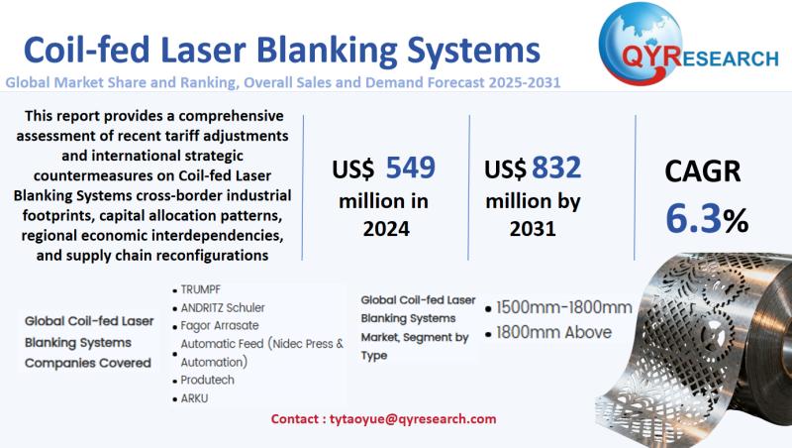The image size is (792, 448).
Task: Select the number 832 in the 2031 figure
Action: click(x=555, y=168)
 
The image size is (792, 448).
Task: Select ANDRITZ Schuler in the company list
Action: click(x=223, y=308)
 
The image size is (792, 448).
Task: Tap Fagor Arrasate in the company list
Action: click(x=219, y=325)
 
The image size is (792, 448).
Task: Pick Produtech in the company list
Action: click(x=209, y=380)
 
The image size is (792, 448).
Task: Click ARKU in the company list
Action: click(x=196, y=397)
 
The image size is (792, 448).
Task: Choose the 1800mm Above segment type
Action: click(x=553, y=332)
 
